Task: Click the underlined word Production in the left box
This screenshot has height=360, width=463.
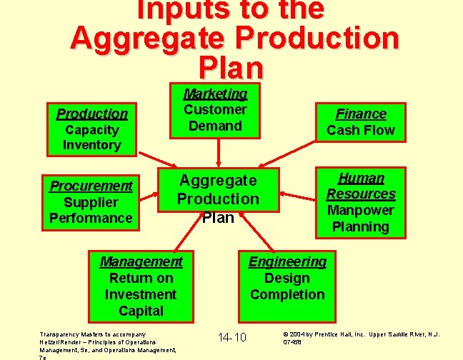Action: click(x=91, y=114)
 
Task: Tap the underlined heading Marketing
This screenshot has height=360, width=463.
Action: click(x=215, y=94)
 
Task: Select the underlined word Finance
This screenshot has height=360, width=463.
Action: click(x=361, y=114)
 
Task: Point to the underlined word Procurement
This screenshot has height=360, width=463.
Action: click(x=91, y=186)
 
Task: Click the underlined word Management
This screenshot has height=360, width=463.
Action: click(x=141, y=261)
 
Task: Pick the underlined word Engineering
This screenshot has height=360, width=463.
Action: click(x=287, y=261)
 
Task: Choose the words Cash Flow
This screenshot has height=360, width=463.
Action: click(x=361, y=130)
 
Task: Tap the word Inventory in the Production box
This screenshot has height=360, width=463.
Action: click(x=91, y=145)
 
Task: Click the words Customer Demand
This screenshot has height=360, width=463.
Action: click(x=215, y=118)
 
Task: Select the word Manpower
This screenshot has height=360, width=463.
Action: click(x=361, y=210)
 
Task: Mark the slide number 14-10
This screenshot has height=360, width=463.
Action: click(x=231, y=337)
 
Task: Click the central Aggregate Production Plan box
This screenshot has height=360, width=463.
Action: click(x=218, y=198)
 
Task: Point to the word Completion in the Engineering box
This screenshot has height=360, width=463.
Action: click(x=287, y=294)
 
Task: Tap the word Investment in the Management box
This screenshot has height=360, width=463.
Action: click(x=141, y=294)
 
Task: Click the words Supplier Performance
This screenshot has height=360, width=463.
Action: click(x=91, y=210)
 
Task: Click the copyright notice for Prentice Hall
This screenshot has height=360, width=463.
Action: click(x=362, y=337)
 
